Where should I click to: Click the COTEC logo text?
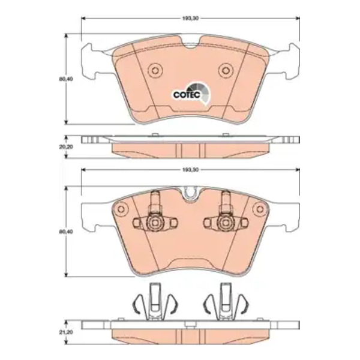click(x=187, y=95)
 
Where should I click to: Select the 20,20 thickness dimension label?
click(x=66, y=147)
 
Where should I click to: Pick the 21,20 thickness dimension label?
click(x=66, y=332)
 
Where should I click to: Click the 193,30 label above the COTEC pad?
click(x=190, y=19)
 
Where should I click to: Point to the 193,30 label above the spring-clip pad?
click(x=190, y=170)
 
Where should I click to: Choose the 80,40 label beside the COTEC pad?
click(x=66, y=79)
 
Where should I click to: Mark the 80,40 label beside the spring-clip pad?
click(x=66, y=232)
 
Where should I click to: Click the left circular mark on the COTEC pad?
click(x=155, y=70)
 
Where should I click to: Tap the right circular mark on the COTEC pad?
click(x=226, y=70)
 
